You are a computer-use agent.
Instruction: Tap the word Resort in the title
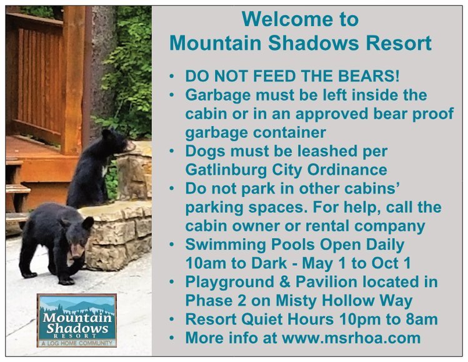pos(399,43)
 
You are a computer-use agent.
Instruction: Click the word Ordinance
pos(347,170)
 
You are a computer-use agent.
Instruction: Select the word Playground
pos(229,282)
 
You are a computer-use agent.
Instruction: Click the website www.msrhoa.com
pos(351,338)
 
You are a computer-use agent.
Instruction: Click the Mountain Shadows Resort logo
pos(77,321)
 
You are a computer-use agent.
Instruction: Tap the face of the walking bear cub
pos(76,245)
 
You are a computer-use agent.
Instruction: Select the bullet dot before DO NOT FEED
pos(171,76)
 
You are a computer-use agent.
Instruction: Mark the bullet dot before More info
pos(171,338)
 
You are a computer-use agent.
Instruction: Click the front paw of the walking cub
pos(66,281)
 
